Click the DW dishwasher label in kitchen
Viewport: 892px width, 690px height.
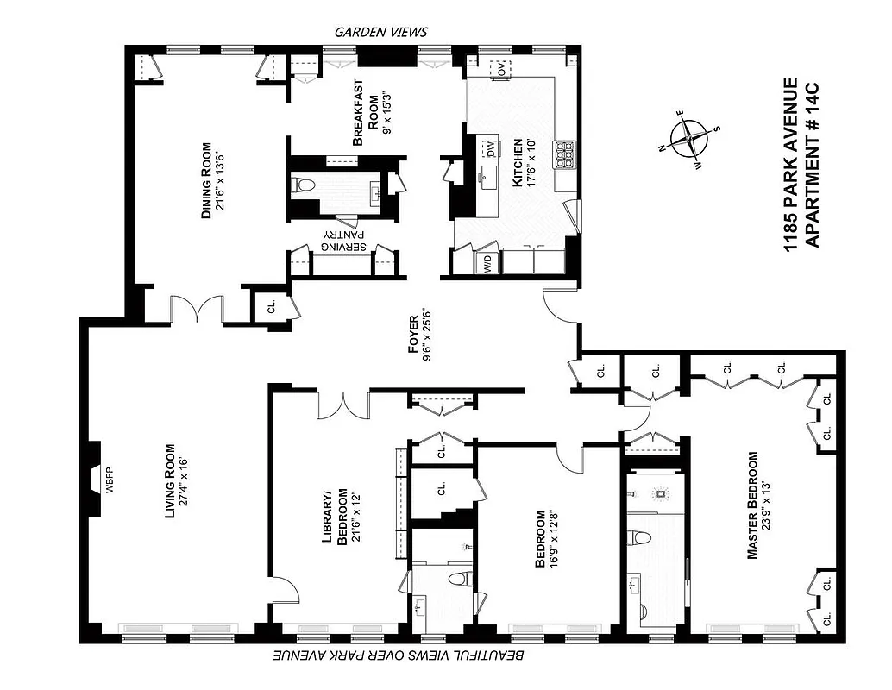click(x=490, y=149)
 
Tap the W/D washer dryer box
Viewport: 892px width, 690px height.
click(x=487, y=262)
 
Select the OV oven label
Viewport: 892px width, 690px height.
click(x=499, y=68)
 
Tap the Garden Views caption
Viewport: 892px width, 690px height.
click(x=380, y=32)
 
